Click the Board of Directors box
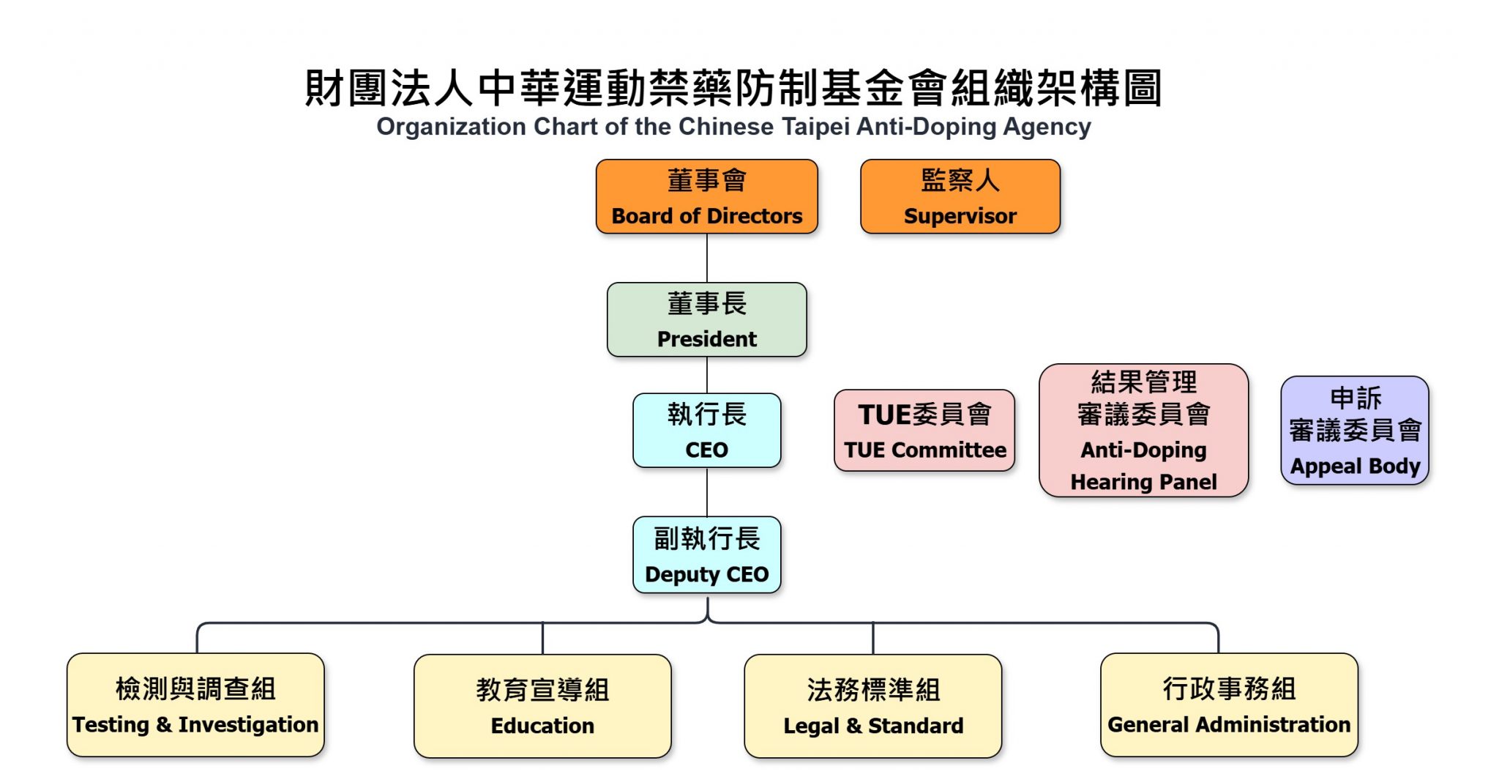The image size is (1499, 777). [706, 196]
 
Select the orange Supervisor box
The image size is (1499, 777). [960, 196]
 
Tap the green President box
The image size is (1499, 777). [706, 320]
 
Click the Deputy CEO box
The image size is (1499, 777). [706, 555]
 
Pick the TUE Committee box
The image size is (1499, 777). [924, 431]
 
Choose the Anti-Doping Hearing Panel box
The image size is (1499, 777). [1143, 431]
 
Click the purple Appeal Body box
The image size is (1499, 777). [1354, 431]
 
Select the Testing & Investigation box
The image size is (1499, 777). [195, 705]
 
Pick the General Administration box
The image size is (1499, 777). [1229, 705]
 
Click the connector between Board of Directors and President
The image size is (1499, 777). [707, 258]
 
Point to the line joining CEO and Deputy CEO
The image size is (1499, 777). [707, 492]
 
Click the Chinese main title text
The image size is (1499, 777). [733, 88]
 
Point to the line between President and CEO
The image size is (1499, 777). [707, 375]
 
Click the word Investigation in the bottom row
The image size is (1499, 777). [248, 725]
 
